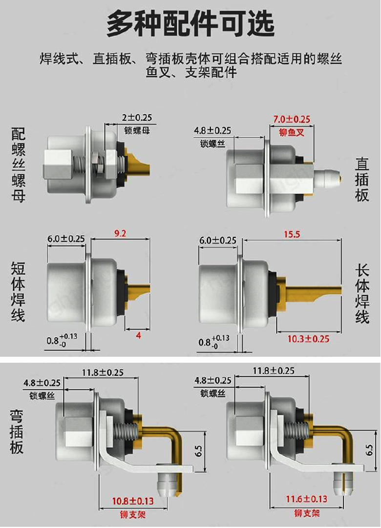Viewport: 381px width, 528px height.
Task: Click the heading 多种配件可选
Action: [x=190, y=24]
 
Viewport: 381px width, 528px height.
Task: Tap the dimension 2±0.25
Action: [x=137, y=117]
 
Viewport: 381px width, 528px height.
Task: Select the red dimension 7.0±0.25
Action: [x=292, y=119]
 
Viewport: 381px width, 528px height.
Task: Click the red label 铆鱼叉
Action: [x=292, y=132]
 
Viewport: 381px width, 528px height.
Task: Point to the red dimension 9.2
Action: [x=120, y=234]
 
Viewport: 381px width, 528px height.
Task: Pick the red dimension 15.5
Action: [x=291, y=235]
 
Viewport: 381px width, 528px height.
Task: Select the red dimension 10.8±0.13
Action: [x=133, y=501]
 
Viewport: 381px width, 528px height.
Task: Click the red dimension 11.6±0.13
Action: [x=307, y=499]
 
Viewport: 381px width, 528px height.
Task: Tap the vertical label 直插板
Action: [x=362, y=179]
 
